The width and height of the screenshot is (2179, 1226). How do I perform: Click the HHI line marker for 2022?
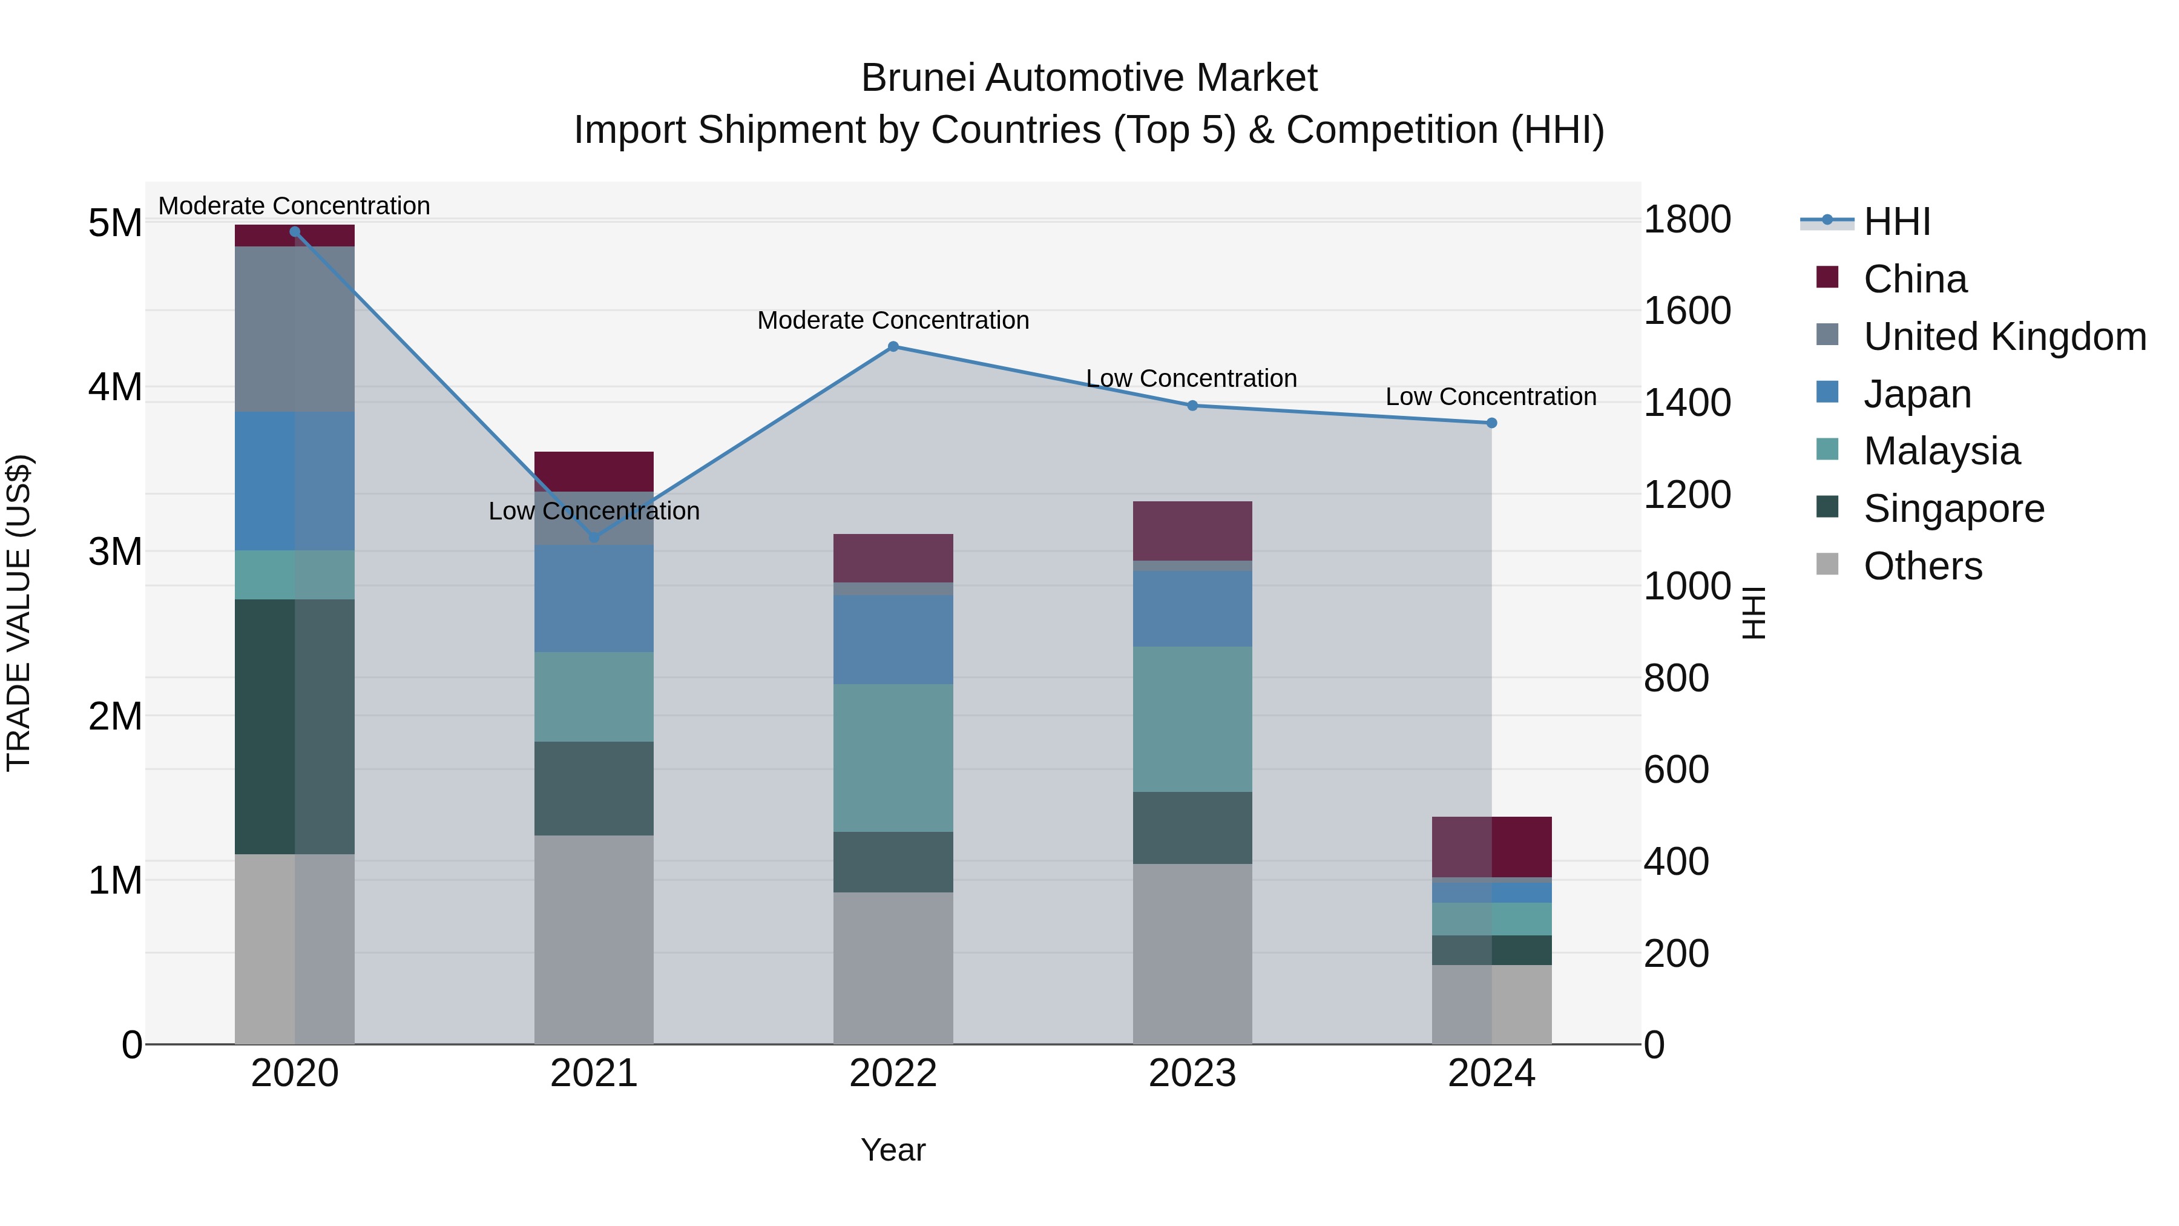pyautogui.click(x=893, y=347)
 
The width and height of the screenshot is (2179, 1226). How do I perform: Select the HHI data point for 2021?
pyautogui.click(x=594, y=537)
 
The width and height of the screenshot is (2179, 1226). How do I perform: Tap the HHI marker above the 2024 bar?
pyautogui.click(x=1491, y=423)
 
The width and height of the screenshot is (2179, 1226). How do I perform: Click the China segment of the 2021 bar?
pyautogui.click(x=594, y=471)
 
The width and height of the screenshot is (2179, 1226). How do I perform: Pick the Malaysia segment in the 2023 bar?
pyautogui.click(x=1192, y=719)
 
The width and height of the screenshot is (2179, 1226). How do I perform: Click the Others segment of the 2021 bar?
pyautogui.click(x=594, y=939)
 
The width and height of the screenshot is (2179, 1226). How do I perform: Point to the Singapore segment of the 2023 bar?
pyautogui.click(x=1192, y=828)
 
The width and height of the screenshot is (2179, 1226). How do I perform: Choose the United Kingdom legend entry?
pyautogui.click(x=2005, y=337)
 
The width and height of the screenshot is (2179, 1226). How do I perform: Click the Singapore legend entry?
pyautogui.click(x=1954, y=509)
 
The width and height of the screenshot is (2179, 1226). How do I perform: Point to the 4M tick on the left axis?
pyautogui.click(x=115, y=387)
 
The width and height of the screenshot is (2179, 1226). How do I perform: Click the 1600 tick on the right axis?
pyautogui.click(x=1687, y=311)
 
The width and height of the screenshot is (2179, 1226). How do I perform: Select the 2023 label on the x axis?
pyautogui.click(x=1192, y=1073)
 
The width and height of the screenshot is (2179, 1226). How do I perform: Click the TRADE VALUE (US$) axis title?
pyautogui.click(x=19, y=613)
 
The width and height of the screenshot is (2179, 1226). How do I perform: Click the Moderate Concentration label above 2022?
pyautogui.click(x=893, y=321)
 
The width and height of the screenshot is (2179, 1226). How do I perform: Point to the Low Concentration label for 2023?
pyautogui.click(x=1191, y=378)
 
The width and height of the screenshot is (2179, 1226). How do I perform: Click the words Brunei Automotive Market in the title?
pyautogui.click(x=1089, y=79)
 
